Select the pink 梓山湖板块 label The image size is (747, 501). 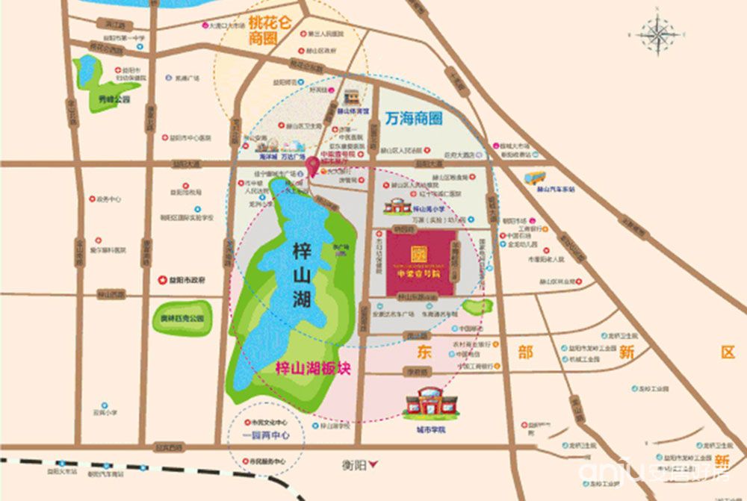309,368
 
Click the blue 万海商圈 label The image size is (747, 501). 415,119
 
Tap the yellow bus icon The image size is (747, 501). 535,178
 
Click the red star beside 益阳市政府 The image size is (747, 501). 161,279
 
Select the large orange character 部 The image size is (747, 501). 525,352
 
